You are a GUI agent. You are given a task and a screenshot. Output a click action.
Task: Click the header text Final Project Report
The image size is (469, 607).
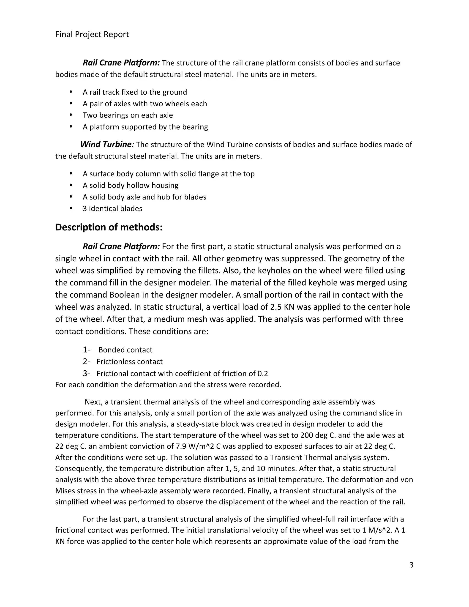92,34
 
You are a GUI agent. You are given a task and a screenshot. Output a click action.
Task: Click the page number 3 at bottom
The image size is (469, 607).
412,565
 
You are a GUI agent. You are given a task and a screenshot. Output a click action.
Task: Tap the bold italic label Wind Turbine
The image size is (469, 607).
106,144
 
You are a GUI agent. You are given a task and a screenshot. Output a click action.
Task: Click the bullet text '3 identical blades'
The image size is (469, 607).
112,208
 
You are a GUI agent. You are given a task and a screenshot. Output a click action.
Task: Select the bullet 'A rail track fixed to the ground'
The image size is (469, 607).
135,92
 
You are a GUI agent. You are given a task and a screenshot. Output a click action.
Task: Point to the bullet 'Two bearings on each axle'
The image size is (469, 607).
128,115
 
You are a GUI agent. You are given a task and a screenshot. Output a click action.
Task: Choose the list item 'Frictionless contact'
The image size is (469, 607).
129,362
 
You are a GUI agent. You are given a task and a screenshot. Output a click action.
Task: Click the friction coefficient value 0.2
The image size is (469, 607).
263,374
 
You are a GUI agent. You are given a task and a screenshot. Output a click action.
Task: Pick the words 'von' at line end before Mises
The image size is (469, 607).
407,480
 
